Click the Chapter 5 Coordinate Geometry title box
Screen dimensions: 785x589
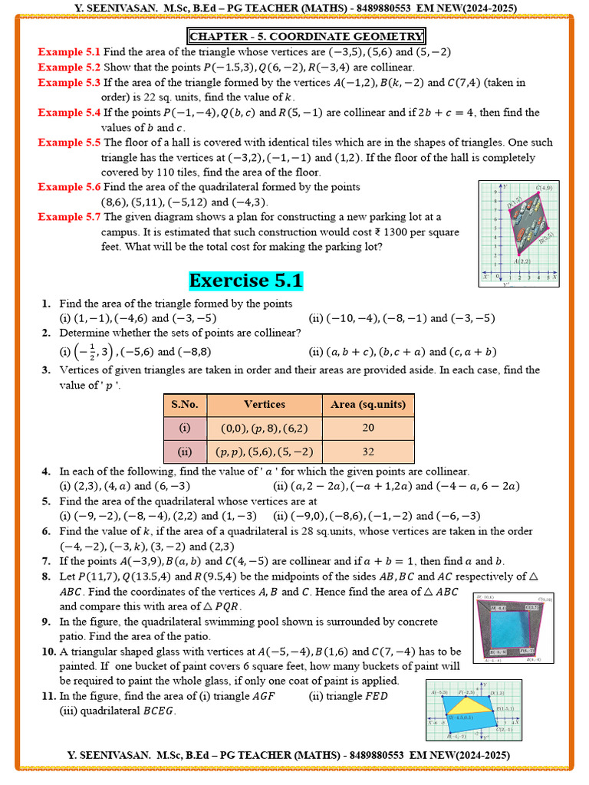click(x=306, y=36)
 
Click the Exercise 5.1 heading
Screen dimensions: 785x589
click(x=246, y=281)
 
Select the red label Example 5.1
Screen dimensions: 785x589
click(x=69, y=52)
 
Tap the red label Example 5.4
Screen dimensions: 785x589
click(x=69, y=113)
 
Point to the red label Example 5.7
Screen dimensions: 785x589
click(x=69, y=217)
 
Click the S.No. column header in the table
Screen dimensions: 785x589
click(x=185, y=405)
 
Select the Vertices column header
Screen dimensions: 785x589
click(x=264, y=405)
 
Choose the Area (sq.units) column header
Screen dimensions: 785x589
click(x=367, y=405)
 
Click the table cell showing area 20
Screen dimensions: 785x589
click(x=367, y=428)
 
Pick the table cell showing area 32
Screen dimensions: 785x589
click(x=367, y=452)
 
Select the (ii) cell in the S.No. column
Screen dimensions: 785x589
click(x=185, y=452)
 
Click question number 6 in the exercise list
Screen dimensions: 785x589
click(x=47, y=531)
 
